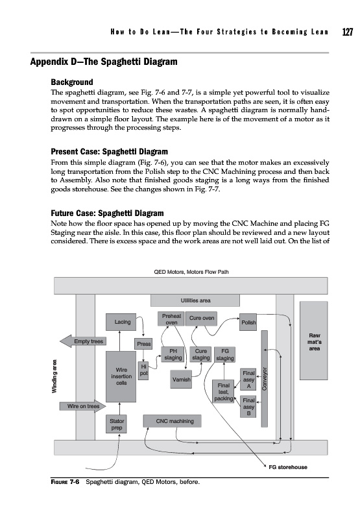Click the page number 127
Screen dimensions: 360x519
(x=348, y=32)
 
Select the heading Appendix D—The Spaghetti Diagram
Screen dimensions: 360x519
(x=104, y=62)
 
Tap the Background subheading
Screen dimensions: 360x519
(x=72, y=82)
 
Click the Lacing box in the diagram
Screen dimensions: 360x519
(x=121, y=322)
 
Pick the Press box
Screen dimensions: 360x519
(x=143, y=344)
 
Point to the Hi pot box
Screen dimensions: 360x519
(x=143, y=370)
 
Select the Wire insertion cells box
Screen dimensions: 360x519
(x=121, y=377)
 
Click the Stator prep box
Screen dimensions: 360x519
(x=117, y=424)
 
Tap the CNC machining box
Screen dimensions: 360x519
(x=172, y=421)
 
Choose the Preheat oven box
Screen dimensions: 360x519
(x=171, y=319)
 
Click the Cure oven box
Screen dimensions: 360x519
(x=202, y=319)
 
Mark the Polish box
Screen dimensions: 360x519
(x=248, y=322)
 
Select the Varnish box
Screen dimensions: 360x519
(x=182, y=380)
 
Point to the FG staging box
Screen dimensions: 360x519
(x=224, y=355)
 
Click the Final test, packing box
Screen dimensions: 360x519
(x=223, y=392)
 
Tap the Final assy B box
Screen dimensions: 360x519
(x=248, y=407)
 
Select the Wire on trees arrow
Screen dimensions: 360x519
(x=83, y=406)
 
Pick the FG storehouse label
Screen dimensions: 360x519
(x=288, y=467)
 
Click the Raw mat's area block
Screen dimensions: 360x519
(x=314, y=341)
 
